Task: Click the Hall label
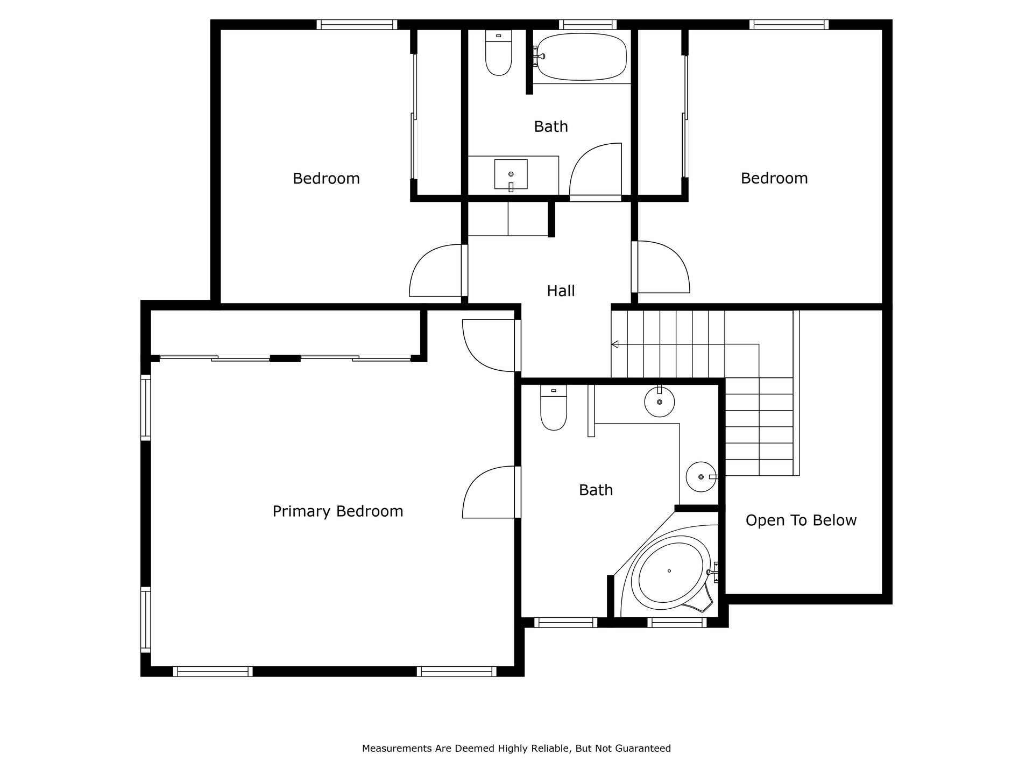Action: pos(561,291)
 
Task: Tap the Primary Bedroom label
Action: pos(338,511)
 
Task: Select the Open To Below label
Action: pos(801,520)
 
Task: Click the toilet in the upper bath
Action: pos(499,52)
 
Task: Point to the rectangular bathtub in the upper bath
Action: pos(582,57)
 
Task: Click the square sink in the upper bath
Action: pos(511,174)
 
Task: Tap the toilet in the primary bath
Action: pos(554,407)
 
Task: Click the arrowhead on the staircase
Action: pos(615,344)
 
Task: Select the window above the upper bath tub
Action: pos(588,25)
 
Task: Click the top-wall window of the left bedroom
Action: pos(357,25)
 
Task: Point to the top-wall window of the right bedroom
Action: pos(789,25)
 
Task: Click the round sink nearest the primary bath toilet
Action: pos(660,401)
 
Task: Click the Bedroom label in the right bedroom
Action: pos(774,179)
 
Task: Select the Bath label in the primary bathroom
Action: pos(596,490)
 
